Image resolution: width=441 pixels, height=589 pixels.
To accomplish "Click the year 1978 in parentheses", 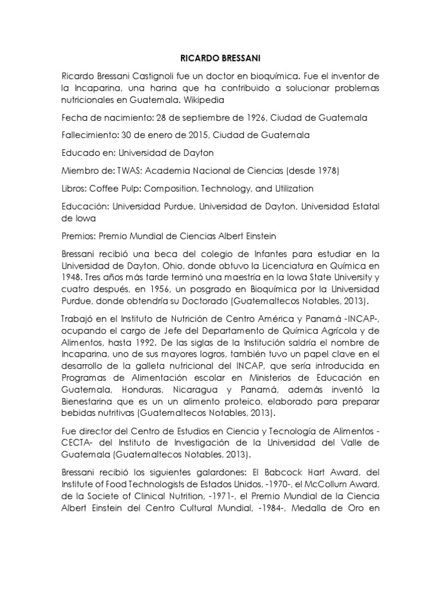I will click(x=325, y=171).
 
